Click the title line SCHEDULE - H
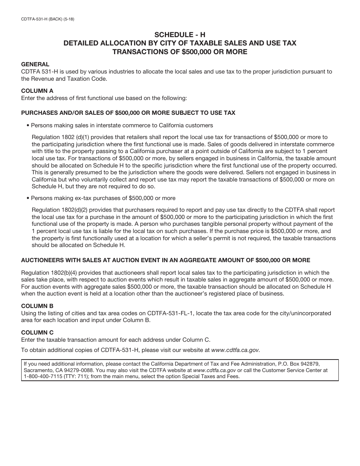coord(180,34)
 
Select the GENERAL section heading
coord(35,64)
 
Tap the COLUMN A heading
coord(37,91)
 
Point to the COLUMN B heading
coord(37,306)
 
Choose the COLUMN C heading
coord(37,333)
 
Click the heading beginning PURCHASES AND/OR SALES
coord(128,113)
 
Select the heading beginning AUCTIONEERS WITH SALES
coord(166,260)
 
